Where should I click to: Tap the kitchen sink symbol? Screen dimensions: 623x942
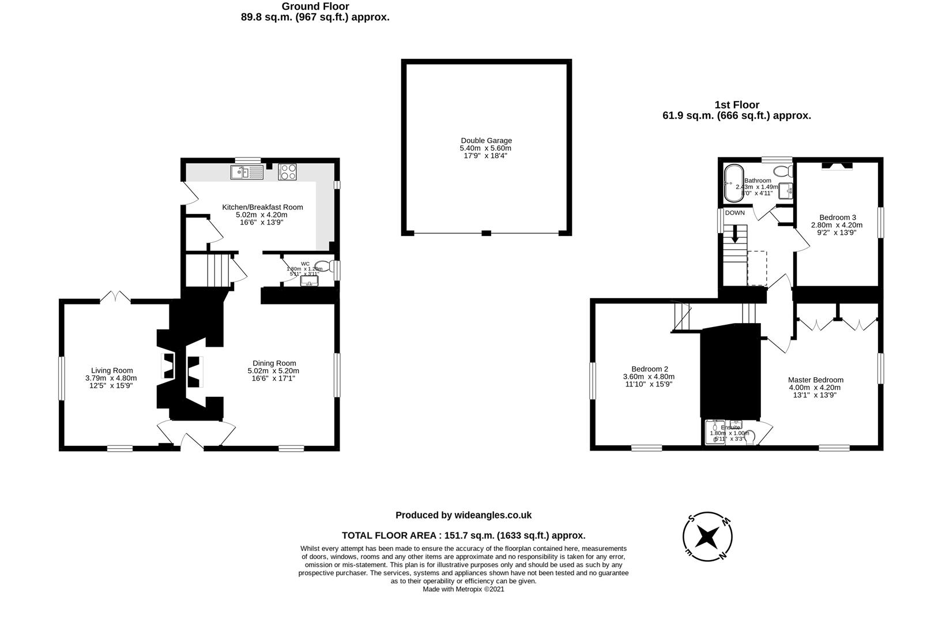(246, 172)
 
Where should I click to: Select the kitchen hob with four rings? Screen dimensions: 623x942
(288, 172)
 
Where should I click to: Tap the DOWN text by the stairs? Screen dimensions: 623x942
(734, 213)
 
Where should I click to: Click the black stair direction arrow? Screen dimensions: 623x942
(734, 234)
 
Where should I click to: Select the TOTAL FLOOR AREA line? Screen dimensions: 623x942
(464, 535)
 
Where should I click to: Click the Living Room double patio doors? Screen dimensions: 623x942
(115, 298)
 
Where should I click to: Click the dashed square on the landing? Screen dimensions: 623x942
(757, 268)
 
